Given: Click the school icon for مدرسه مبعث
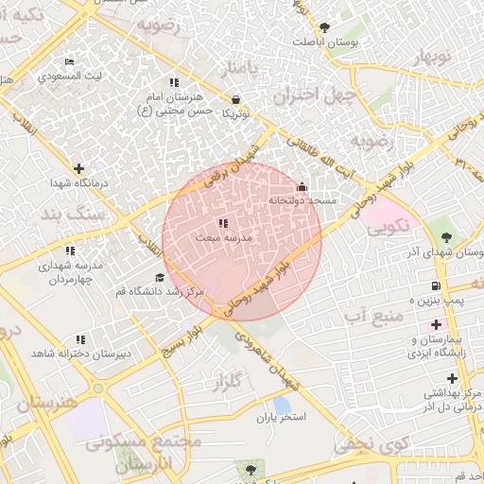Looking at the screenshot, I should [x=223, y=223].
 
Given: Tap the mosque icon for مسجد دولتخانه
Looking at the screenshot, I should [x=302, y=186].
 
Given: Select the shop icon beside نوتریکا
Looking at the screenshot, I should [x=235, y=98].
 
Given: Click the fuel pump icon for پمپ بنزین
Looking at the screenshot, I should [x=435, y=285].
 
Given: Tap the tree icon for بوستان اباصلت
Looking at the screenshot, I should [x=325, y=27].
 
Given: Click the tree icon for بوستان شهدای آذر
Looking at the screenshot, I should [x=445, y=237].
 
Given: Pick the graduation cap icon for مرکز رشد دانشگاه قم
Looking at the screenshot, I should [x=160, y=278].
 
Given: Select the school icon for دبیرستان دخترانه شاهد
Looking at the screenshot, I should [x=80, y=338].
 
